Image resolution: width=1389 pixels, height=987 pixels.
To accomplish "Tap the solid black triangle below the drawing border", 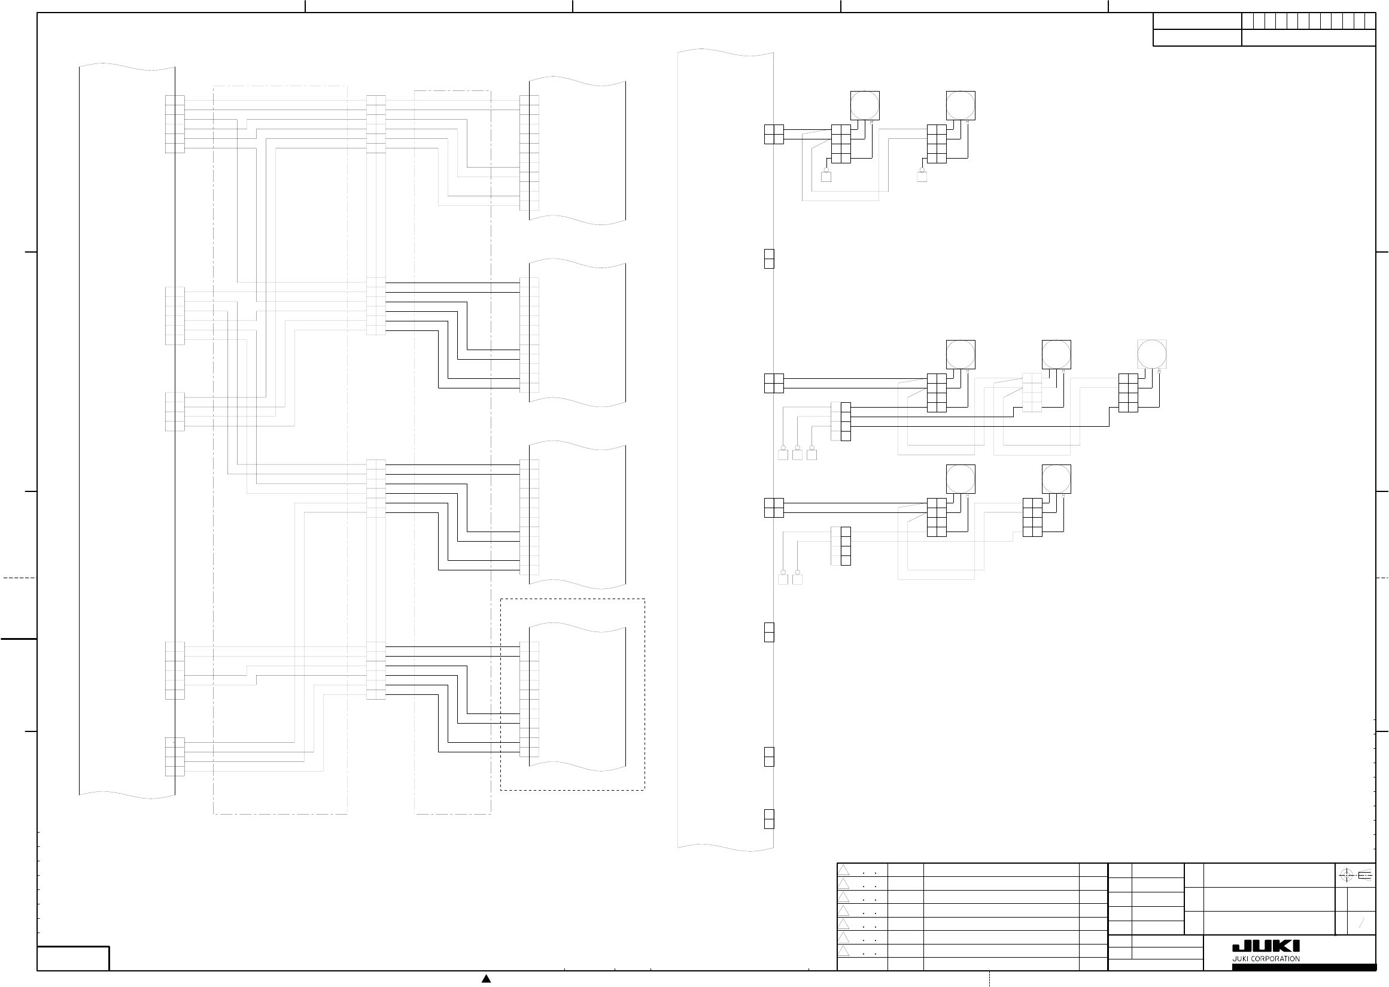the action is (486, 979).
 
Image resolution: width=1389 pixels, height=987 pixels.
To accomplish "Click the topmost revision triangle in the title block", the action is (843, 870).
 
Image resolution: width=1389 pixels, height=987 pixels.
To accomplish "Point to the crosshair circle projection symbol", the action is (1345, 876).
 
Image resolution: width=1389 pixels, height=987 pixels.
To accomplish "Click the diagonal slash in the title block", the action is (1361, 924).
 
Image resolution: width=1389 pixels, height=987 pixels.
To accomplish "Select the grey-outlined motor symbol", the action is (1151, 354).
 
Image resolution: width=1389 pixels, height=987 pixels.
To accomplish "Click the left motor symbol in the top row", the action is (865, 105).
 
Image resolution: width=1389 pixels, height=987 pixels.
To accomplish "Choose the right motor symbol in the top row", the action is (961, 105).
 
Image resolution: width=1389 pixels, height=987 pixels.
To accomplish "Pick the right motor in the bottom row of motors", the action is (1056, 479).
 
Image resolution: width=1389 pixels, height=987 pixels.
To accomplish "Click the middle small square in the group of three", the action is (797, 455).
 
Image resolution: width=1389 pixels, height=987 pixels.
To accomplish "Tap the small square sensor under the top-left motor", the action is (826, 177).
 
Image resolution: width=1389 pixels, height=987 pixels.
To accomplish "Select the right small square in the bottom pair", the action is (797, 579).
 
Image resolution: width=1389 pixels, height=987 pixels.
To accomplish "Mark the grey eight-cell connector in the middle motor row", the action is (1032, 393).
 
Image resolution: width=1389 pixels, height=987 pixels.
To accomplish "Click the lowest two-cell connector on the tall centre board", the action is (768, 819).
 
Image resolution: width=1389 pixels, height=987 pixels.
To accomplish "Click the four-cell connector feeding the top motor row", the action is (773, 134).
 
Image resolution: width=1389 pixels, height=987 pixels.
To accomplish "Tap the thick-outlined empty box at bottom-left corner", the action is (73, 958).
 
